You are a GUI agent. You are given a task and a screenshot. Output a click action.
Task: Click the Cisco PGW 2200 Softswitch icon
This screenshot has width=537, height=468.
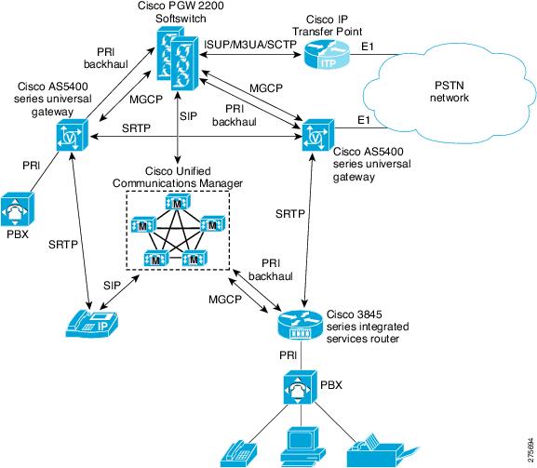(x=178, y=59)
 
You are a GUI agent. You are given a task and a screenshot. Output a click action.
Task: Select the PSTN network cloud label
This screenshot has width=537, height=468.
(x=450, y=91)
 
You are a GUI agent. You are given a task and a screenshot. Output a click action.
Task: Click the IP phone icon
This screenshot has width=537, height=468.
(x=92, y=324)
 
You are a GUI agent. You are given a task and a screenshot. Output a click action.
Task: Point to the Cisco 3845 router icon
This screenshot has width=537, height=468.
(x=300, y=323)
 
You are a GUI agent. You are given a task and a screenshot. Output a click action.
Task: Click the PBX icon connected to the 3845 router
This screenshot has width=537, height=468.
(x=301, y=388)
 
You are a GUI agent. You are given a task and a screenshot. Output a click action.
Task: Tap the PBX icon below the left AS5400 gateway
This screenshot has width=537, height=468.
(x=17, y=209)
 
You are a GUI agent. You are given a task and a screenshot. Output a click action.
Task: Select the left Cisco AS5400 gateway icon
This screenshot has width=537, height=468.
(x=73, y=135)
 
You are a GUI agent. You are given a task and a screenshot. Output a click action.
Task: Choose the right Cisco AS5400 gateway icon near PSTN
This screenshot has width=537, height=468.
(x=318, y=135)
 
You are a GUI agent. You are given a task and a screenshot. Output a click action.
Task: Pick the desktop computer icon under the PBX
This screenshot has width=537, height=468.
(x=303, y=448)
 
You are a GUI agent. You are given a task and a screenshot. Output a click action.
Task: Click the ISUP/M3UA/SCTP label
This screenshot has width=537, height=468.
(x=250, y=45)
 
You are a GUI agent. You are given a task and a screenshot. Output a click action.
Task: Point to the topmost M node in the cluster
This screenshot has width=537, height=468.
(x=178, y=202)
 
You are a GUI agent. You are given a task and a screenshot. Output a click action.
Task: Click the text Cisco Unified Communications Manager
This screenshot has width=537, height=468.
(x=178, y=177)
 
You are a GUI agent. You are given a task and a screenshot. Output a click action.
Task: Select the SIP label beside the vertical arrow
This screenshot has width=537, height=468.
(x=189, y=116)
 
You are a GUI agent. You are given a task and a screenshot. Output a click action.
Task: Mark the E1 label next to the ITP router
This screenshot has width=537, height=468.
(x=368, y=47)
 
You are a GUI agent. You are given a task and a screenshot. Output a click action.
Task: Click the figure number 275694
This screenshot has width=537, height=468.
(x=530, y=449)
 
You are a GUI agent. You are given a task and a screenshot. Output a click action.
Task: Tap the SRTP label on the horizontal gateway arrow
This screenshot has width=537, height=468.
(x=136, y=128)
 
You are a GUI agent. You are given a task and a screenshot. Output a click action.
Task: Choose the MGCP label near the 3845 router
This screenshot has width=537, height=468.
(x=225, y=300)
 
